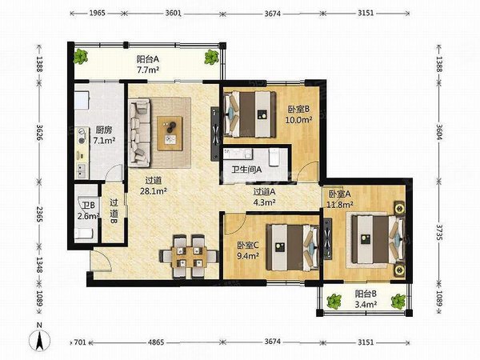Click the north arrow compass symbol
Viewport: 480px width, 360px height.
coord(39,338)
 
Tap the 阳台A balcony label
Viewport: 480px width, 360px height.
coord(148,58)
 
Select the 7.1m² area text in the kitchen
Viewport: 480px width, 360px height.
coord(104,141)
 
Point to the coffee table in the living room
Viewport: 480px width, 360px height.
coord(170,134)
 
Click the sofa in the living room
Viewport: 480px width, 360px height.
coord(139,132)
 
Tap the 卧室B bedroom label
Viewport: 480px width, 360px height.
coord(298,109)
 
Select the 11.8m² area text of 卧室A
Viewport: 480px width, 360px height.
coord(340,204)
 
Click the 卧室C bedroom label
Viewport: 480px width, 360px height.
coord(248,245)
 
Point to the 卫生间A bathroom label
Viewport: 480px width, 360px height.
coord(246,170)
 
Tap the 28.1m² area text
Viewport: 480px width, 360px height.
coord(153,191)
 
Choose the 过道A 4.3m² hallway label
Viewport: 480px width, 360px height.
coord(265,197)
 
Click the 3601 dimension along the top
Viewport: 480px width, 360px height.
coord(174,13)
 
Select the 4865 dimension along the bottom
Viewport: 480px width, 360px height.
coord(156,342)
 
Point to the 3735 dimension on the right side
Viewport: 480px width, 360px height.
coord(439,233)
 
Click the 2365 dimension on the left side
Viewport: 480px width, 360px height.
coord(40,214)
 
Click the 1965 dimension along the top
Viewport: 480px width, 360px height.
coord(97,13)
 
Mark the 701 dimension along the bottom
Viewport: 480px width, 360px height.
coord(80,342)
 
